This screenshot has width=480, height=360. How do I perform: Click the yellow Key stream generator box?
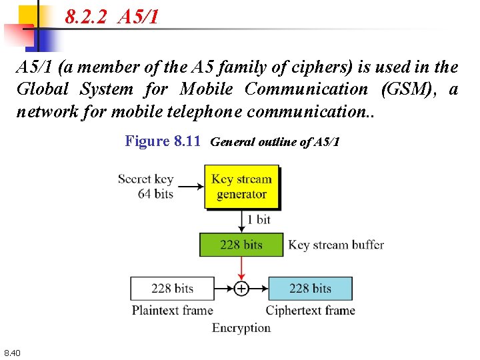click(x=241, y=187)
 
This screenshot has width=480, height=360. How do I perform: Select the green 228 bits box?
click(x=241, y=245)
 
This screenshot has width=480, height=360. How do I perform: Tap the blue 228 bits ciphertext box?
click(x=310, y=289)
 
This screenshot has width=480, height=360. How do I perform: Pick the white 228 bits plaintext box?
click(x=172, y=289)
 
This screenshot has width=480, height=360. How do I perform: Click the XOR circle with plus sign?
click(x=241, y=289)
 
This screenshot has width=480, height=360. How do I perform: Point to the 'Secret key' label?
click(x=145, y=179)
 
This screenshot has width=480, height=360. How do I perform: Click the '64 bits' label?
click(x=155, y=194)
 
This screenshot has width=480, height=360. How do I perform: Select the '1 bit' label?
click(x=259, y=219)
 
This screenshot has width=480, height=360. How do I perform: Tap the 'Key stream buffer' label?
click(x=336, y=245)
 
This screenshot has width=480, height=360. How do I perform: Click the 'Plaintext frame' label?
click(x=172, y=310)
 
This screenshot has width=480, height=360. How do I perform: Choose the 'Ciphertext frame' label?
click(x=310, y=310)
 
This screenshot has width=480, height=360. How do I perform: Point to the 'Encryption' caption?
click(x=241, y=327)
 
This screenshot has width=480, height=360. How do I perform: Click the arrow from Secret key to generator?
click(x=191, y=187)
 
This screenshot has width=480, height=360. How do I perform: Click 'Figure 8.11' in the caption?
click(x=163, y=141)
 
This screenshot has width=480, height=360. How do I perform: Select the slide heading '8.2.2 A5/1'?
click(x=112, y=17)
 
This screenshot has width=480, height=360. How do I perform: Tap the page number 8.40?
click(x=12, y=352)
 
